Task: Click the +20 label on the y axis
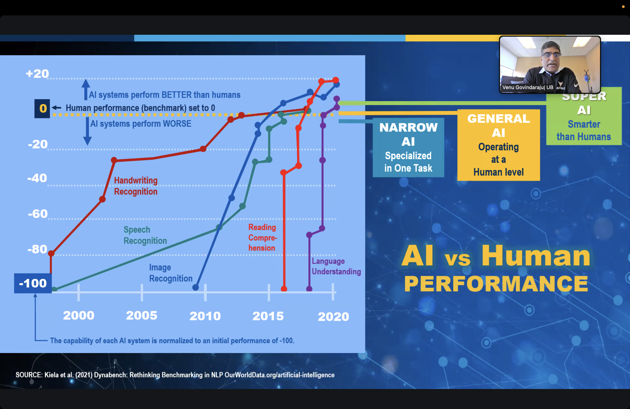tap(37, 74)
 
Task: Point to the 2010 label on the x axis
tap(205, 316)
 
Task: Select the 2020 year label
tap(333, 316)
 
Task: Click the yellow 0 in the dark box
tap(43, 108)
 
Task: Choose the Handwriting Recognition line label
tap(136, 186)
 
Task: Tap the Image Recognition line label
tap(171, 273)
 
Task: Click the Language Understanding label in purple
tap(336, 266)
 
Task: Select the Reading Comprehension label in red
tap(262, 237)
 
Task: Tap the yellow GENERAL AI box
tap(499, 145)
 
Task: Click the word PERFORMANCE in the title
tap(496, 284)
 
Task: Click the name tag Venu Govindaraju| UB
tap(527, 87)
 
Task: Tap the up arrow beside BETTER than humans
tap(85, 89)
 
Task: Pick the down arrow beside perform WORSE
tap(87, 131)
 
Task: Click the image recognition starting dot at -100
tap(195, 287)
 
